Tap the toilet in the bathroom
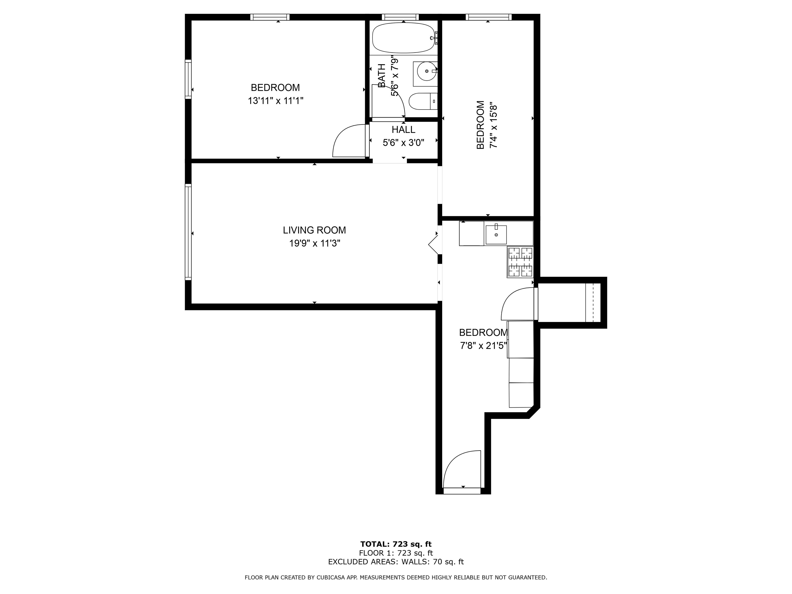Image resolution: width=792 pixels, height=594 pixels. tap(423, 101)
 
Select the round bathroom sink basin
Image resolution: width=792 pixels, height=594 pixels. tap(427, 71)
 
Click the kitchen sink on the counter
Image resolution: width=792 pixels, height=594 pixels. tap(496, 235)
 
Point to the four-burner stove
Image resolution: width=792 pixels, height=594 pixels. tap(520, 262)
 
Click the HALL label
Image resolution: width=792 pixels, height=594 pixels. tap(403, 130)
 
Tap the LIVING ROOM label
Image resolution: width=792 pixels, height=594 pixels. tap(314, 230)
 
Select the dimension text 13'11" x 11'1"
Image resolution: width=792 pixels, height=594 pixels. tap(275, 101)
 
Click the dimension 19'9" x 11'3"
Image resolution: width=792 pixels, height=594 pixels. tap(314, 243)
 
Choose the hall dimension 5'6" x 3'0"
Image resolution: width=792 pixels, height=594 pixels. tap(403, 143)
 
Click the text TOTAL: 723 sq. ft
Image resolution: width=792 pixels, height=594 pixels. tap(396, 544)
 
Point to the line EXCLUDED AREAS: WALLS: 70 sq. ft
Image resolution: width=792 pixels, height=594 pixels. tap(396, 562)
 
